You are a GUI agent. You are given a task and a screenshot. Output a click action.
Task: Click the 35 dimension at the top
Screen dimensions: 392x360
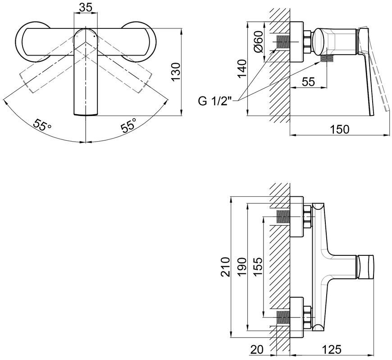(x=86, y=8)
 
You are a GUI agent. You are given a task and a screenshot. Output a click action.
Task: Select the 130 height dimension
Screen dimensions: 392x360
(x=176, y=72)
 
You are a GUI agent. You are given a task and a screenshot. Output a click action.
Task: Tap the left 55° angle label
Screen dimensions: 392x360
(x=42, y=125)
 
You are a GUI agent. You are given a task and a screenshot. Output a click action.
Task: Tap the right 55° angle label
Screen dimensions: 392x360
(x=129, y=125)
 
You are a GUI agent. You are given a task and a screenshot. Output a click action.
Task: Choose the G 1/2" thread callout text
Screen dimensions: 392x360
(x=215, y=102)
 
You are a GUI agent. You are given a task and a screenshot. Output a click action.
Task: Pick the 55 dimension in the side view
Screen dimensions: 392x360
(x=308, y=82)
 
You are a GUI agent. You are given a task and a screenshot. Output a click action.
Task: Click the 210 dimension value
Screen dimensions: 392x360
(x=225, y=267)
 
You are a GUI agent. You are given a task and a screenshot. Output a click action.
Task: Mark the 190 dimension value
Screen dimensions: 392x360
(x=242, y=267)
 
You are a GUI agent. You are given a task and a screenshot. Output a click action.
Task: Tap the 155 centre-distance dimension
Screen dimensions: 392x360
(x=258, y=266)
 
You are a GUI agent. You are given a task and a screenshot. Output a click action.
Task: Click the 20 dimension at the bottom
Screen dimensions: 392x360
(x=256, y=350)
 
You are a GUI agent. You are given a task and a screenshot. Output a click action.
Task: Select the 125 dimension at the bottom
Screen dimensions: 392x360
(x=332, y=350)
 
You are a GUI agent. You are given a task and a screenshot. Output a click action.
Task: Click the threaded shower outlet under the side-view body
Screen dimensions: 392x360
(x=327, y=59)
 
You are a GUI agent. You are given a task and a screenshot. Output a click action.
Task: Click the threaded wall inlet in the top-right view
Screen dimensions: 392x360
(x=283, y=42)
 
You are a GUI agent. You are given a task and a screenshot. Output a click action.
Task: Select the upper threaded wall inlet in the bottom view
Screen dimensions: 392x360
(x=283, y=217)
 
